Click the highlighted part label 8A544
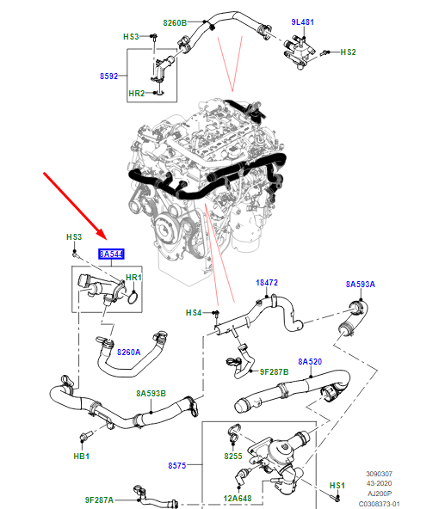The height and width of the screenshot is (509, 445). click(x=110, y=254)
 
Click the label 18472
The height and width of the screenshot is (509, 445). click(x=267, y=282)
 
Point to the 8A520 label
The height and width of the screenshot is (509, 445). click(x=309, y=362)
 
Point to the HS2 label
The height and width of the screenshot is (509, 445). click(x=348, y=52)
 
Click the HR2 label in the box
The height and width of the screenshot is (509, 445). click(x=136, y=93)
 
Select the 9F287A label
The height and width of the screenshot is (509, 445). click(x=101, y=500)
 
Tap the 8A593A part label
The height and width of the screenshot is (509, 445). click(x=361, y=284)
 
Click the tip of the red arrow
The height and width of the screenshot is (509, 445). click(x=104, y=240)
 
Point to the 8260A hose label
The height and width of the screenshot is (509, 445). click(x=128, y=352)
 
